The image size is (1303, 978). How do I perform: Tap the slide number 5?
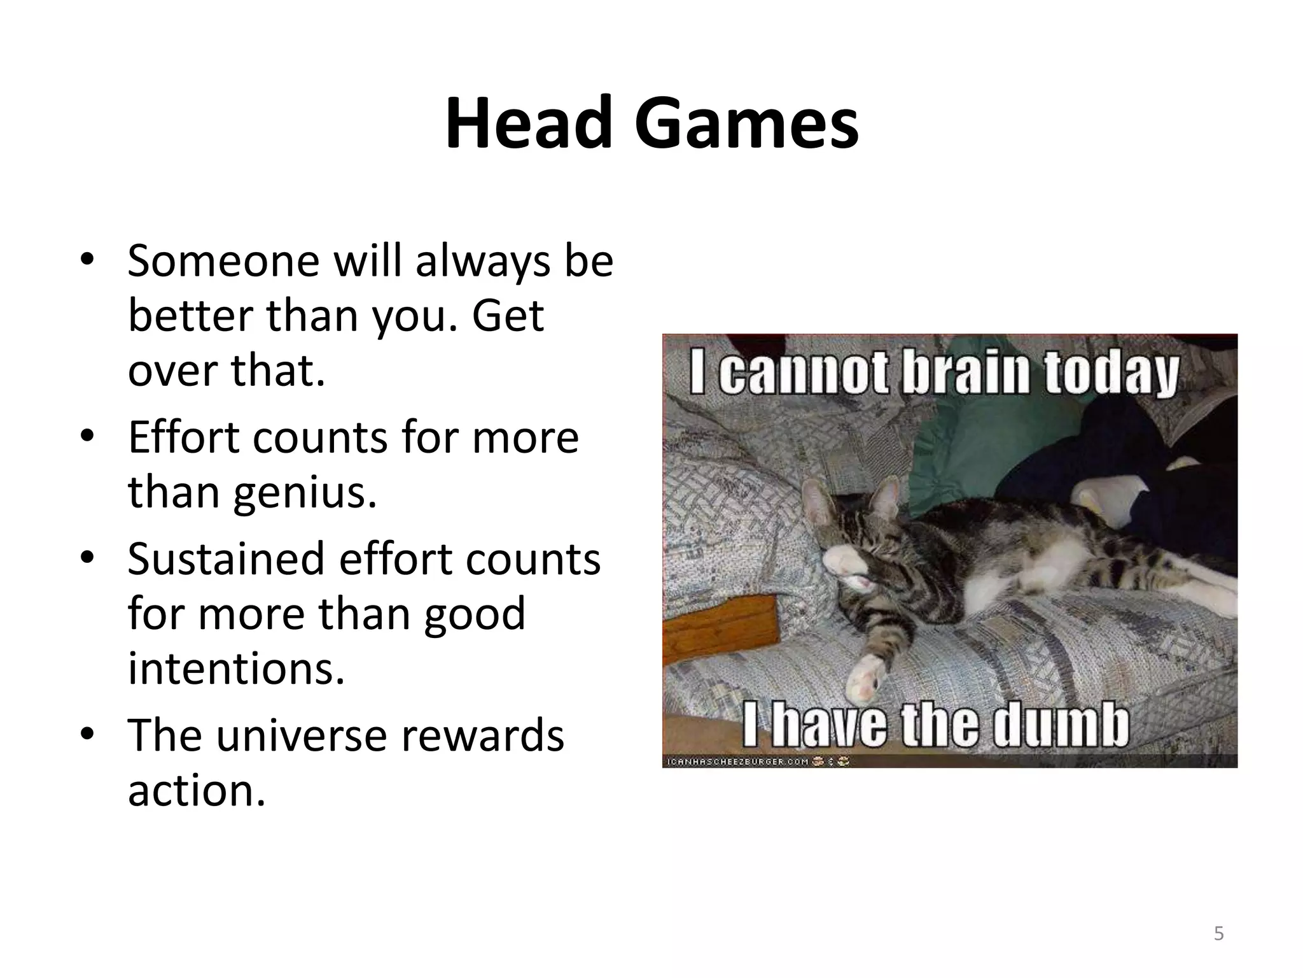click(x=1218, y=933)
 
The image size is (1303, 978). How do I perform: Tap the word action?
click(x=196, y=790)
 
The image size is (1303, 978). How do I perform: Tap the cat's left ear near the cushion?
click(x=818, y=503)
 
